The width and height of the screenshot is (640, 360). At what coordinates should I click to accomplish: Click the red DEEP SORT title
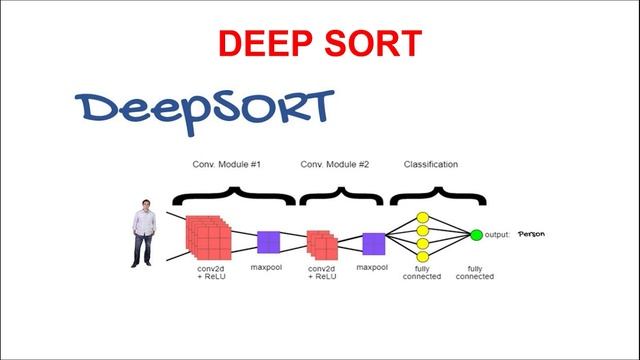point(320,43)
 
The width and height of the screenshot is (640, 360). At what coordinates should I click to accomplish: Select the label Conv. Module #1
point(226,164)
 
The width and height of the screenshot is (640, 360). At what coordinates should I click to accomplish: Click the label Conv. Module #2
point(335,164)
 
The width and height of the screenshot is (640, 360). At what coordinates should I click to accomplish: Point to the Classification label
point(431,164)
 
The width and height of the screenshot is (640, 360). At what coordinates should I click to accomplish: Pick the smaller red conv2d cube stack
point(322,244)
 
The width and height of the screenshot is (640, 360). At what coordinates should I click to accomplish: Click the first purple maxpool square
point(268,242)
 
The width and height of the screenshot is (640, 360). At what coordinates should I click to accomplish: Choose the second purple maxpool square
point(374,243)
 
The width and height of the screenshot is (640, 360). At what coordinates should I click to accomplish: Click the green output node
point(477,235)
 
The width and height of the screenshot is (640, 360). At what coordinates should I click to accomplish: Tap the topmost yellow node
point(422,217)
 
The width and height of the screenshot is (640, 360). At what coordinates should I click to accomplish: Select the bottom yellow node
point(422,255)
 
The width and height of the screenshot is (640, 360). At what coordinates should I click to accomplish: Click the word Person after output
point(531,234)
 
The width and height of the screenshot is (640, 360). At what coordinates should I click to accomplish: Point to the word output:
point(498,235)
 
